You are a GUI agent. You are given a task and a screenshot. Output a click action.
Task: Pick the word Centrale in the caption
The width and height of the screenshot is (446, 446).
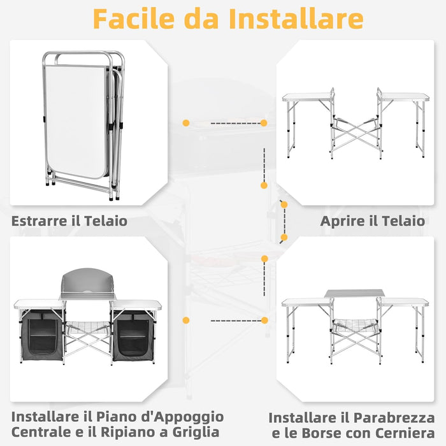pos(40,433)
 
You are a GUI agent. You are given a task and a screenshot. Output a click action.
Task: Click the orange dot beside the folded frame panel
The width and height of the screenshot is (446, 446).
pos(186,122)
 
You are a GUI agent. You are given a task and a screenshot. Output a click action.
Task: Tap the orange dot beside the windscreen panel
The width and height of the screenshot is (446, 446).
pos(186,320)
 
